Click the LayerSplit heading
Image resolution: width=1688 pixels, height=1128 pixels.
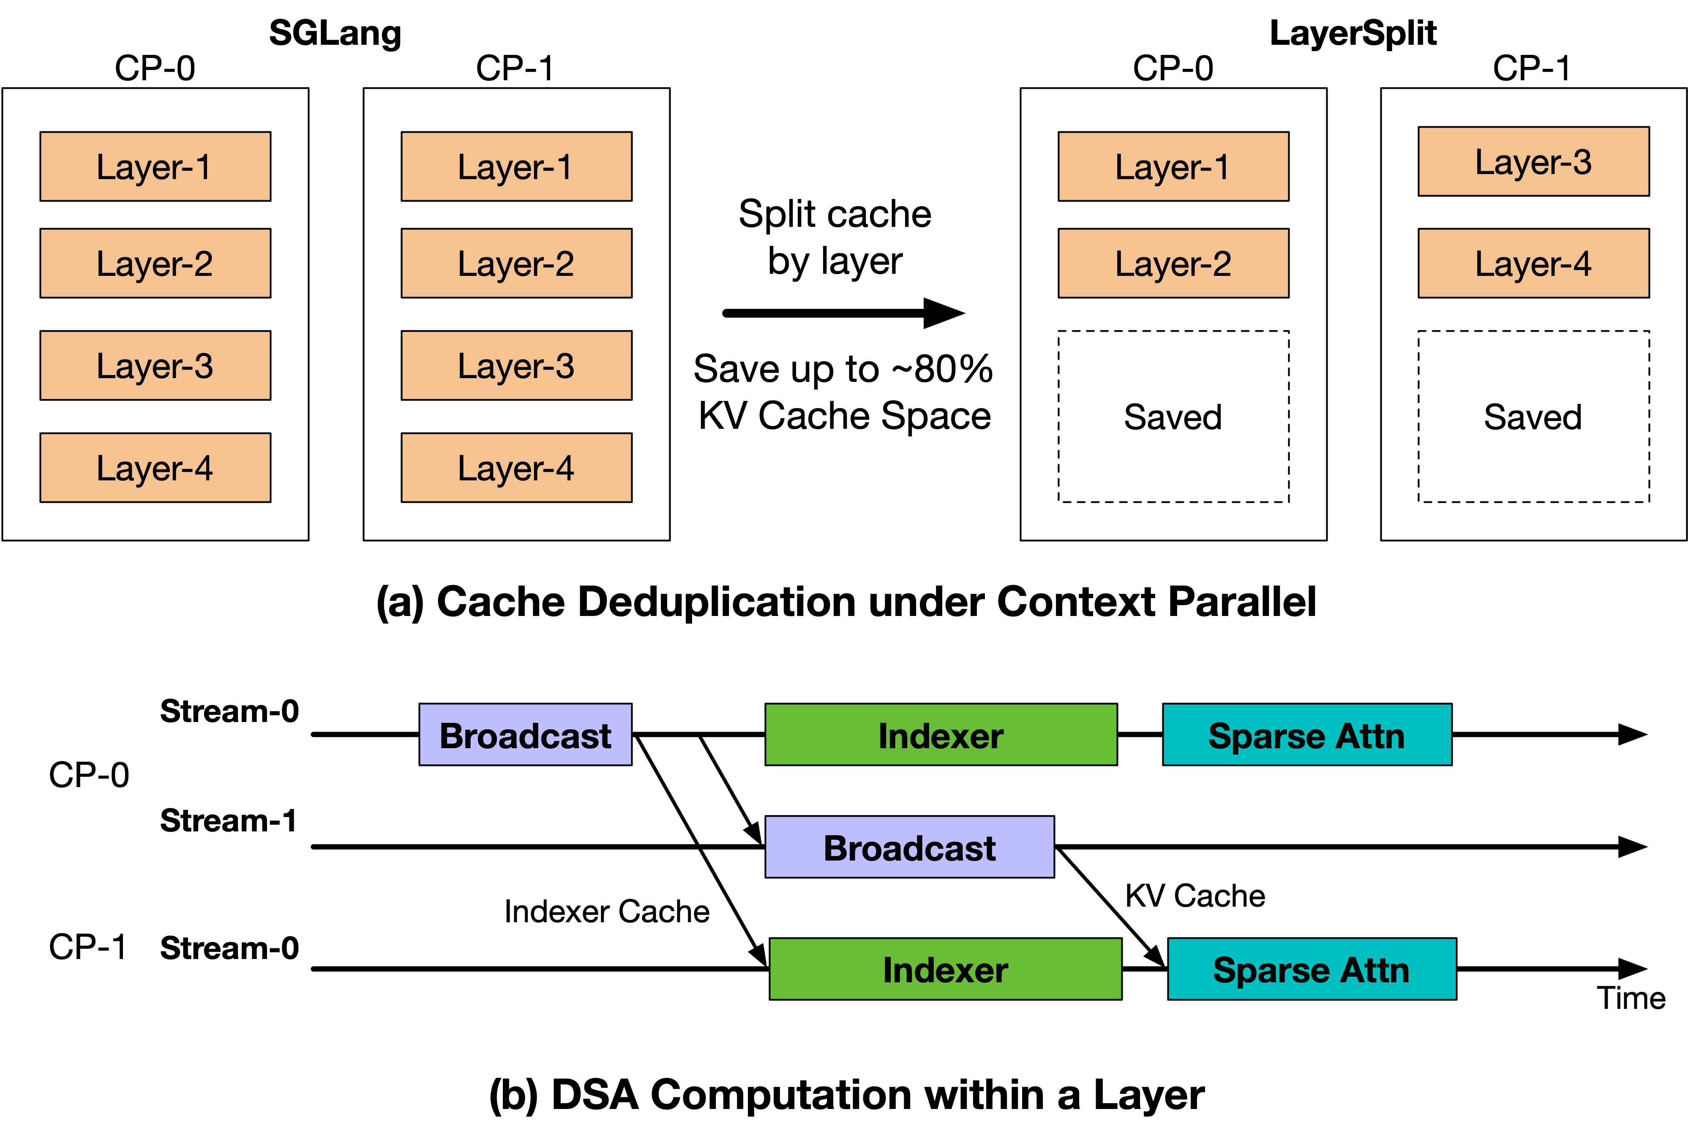(x=1352, y=33)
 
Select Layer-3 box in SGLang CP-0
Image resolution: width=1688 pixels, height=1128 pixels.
(x=155, y=365)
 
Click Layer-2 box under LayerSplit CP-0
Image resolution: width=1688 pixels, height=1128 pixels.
(x=1173, y=263)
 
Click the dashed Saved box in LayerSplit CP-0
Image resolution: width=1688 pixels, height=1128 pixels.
(x=1173, y=417)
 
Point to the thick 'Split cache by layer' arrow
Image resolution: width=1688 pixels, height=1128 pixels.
(x=842, y=313)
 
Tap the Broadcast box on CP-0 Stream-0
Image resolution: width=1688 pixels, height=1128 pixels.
(x=525, y=735)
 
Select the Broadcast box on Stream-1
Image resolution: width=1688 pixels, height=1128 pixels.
(x=909, y=847)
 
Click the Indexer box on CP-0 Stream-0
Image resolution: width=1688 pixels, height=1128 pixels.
(x=941, y=735)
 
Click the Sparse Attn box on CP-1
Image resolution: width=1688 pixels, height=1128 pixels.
(x=1311, y=969)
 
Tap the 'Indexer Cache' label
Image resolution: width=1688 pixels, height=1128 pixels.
(x=607, y=911)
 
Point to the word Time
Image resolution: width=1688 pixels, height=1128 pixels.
(x=1631, y=998)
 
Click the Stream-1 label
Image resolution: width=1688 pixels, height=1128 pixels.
(x=228, y=821)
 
